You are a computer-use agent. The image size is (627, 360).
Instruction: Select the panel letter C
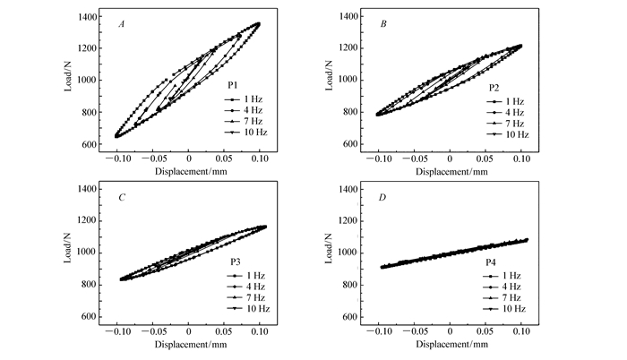coord(122,195)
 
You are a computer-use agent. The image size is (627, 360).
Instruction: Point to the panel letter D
coord(383,195)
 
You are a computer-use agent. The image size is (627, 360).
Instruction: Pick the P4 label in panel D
coord(492,262)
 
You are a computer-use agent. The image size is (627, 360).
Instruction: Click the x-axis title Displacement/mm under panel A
coord(188,170)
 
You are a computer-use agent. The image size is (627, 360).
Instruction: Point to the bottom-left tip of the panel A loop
coord(116,136)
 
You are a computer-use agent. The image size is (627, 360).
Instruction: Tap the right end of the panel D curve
coord(527,239)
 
